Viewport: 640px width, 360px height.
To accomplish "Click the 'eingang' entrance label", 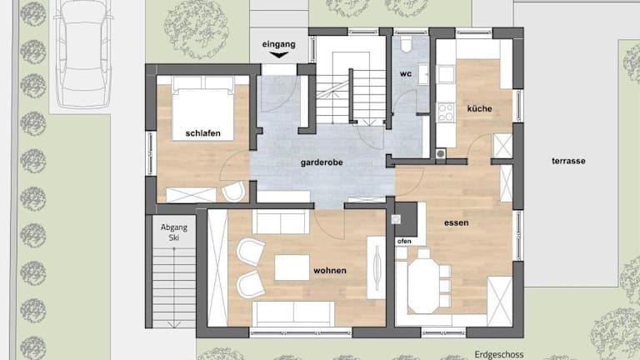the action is click(x=279, y=44).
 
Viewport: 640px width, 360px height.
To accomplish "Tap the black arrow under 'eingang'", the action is click(x=279, y=55).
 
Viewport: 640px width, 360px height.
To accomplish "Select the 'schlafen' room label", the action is click(x=202, y=133).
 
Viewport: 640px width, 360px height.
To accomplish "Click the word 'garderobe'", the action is click(x=322, y=162).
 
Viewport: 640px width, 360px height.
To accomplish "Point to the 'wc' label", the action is click(x=406, y=74).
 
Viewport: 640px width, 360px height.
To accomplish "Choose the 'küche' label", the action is click(x=480, y=108).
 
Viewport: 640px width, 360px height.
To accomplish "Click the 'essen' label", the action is click(x=457, y=222).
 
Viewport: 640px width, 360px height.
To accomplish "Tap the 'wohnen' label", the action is click(x=330, y=271).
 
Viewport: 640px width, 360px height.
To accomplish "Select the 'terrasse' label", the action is click(x=568, y=161).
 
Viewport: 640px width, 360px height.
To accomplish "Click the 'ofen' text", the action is click(x=404, y=241).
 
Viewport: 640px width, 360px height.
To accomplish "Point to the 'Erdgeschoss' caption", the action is click(x=499, y=354).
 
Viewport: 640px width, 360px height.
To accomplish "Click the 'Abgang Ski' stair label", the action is click(x=174, y=232).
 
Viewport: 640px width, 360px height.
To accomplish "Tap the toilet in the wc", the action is click(x=406, y=44).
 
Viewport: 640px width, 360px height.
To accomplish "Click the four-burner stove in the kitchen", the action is click(x=446, y=112).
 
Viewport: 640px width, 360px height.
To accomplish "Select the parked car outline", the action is click(x=85, y=53).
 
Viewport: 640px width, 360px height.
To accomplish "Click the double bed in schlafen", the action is click(x=202, y=108).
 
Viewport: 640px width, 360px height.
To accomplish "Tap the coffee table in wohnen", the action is click(x=292, y=267).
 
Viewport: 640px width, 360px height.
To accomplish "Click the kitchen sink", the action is click(x=446, y=74).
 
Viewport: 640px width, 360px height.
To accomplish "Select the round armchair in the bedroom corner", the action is click(x=233, y=192).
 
